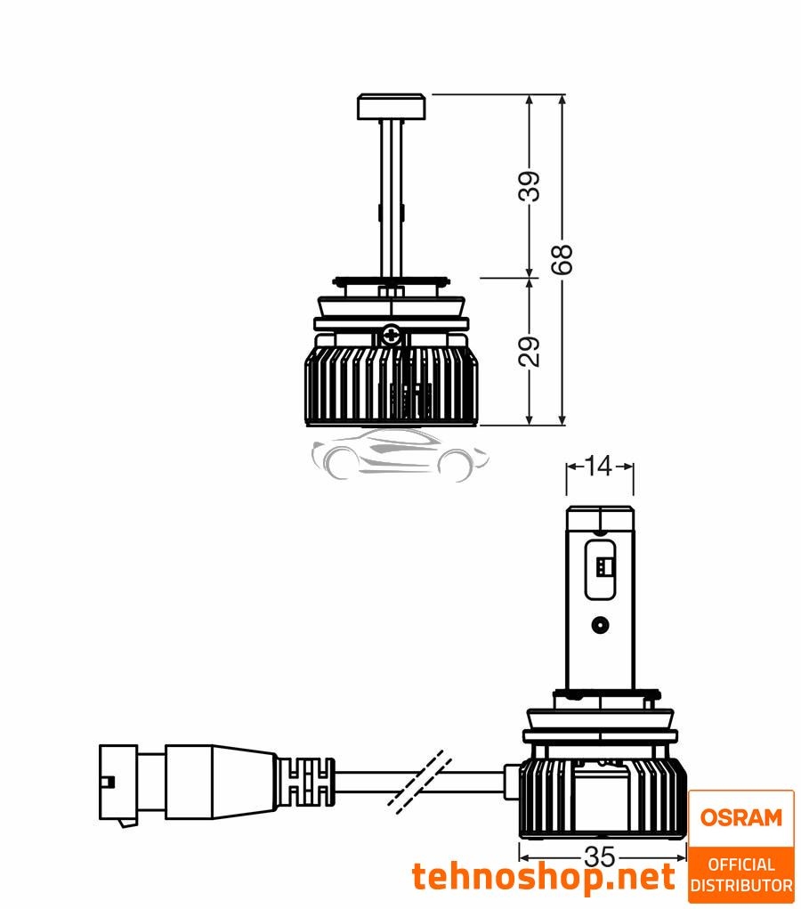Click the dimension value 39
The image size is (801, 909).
coord(530,187)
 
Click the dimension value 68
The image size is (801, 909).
coord(562,259)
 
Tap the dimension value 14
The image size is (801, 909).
coord(599,466)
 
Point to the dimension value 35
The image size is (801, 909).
coord(600,857)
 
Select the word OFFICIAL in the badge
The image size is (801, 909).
coord(740,864)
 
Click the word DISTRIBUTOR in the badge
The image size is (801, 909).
coord(740,886)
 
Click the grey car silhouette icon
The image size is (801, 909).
coord(400,454)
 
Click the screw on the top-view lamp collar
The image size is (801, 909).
coord(391,336)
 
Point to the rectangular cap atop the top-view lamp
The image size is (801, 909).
coord(392,107)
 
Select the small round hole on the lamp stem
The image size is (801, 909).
coord(602,624)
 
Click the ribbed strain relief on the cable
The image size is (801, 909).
coord(307,781)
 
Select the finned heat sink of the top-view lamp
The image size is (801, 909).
coord(392,383)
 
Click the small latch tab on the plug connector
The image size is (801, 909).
coord(107,782)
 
